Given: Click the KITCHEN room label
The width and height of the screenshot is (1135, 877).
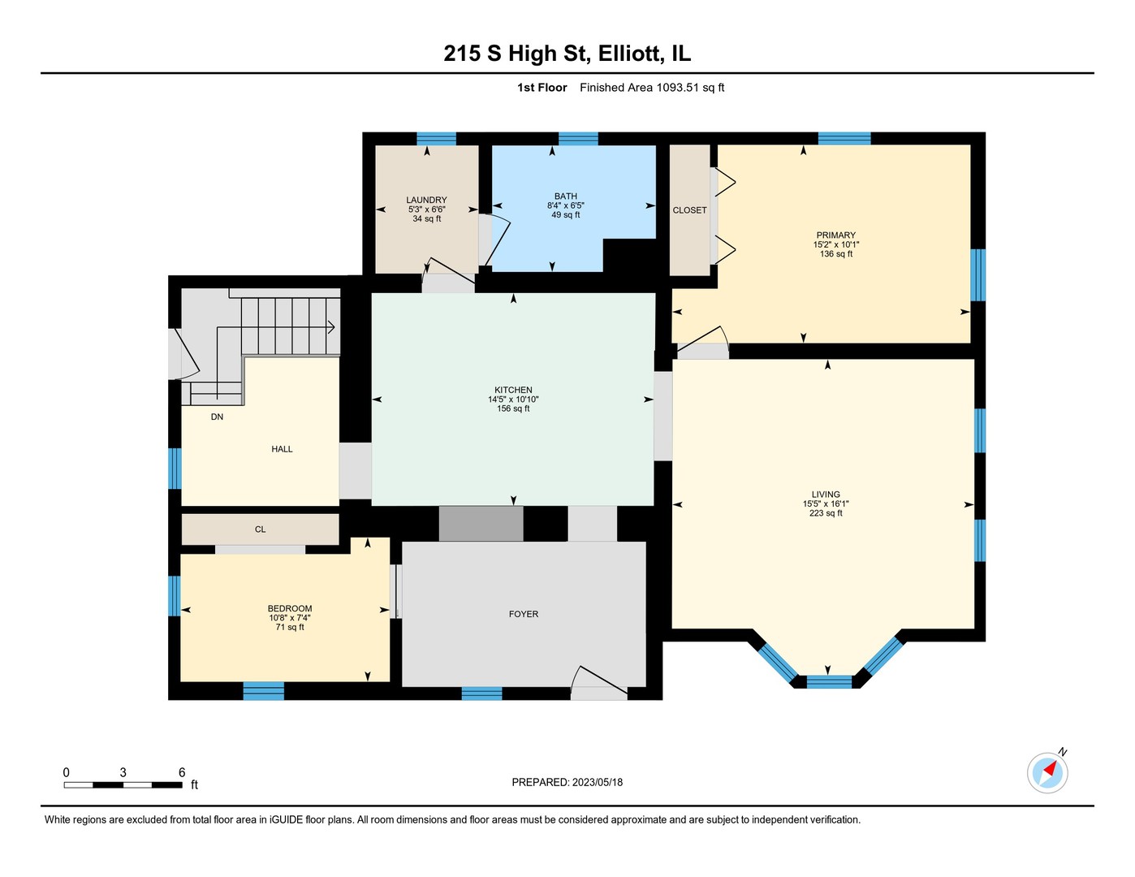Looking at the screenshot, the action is tap(513, 391).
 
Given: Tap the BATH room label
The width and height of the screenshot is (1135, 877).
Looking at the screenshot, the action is tap(566, 197).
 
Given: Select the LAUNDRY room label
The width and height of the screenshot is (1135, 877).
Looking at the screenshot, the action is tap(427, 200).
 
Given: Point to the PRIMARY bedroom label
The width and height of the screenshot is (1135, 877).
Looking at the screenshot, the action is tap(835, 235).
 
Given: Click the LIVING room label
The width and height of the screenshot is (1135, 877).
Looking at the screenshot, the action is tap(826, 495).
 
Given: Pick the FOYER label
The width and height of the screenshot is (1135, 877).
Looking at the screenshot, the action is tap(524, 614).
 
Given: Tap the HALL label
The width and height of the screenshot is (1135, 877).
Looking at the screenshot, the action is tap(282, 449).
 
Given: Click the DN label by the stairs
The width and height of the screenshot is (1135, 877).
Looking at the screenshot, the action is tap(217, 417).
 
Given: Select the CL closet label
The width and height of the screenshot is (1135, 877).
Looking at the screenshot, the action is tap(260, 529).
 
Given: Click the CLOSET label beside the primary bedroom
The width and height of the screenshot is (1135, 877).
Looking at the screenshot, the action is tap(689, 210).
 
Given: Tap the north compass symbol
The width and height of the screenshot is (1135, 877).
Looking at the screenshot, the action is tap(1047, 773).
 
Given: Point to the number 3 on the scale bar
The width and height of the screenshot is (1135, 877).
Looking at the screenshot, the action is tap(123, 772).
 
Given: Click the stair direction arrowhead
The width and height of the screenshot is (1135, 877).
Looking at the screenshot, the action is tap(331, 327).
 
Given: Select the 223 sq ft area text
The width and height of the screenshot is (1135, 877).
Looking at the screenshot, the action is tap(826, 513).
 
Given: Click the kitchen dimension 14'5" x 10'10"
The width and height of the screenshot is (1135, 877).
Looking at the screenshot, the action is tap(513, 400).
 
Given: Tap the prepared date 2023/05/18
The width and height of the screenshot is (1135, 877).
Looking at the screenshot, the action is tap(598, 783).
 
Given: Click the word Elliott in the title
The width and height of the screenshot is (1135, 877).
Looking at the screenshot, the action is tap(629, 54).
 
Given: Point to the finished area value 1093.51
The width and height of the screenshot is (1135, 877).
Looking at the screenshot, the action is tap(677, 88).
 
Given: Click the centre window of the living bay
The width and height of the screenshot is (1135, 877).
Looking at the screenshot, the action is tap(829, 681).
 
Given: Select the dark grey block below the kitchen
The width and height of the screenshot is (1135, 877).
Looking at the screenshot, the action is tap(481, 524).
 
